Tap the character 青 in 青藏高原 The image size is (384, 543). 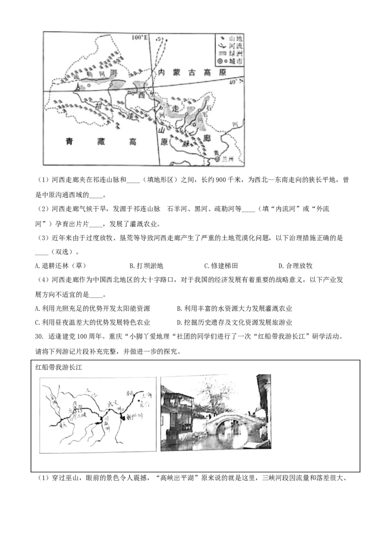click(70, 142)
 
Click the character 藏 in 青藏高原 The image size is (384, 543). click(100, 142)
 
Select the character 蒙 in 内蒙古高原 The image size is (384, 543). click(177, 72)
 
